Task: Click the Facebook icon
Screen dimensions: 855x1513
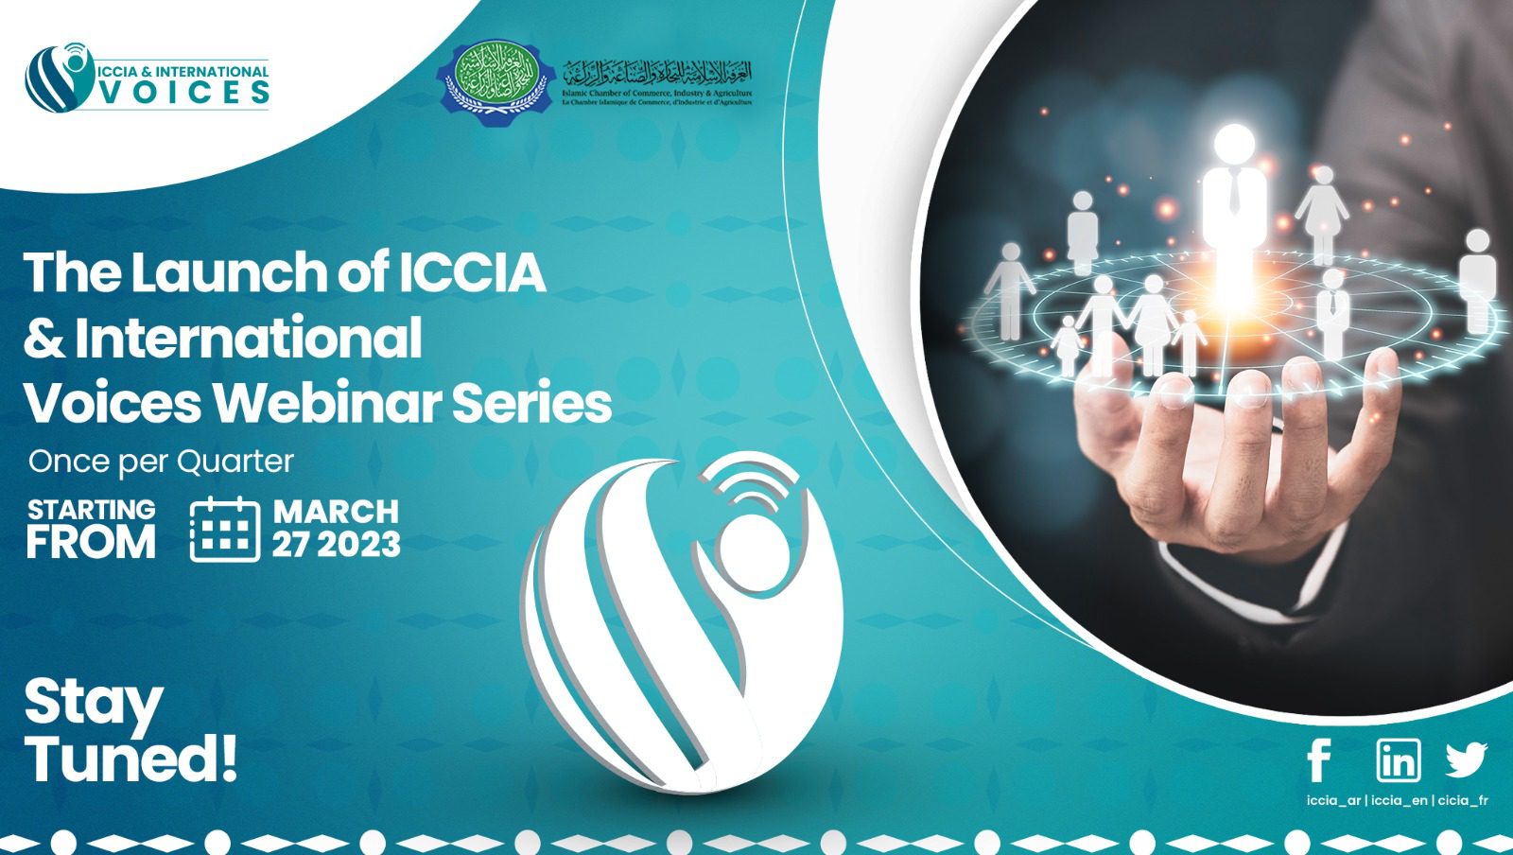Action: [x=1319, y=760]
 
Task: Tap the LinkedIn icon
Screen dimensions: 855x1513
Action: [x=1398, y=759]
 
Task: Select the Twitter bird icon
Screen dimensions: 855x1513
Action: [x=1466, y=759]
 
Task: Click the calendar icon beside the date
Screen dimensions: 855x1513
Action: [x=224, y=529]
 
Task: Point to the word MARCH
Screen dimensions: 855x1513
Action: [x=336, y=512]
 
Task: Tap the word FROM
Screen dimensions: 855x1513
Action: [x=91, y=543]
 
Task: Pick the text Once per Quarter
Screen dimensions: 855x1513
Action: [x=161, y=462]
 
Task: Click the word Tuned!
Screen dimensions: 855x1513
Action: [x=130, y=759]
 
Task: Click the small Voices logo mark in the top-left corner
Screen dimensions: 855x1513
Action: [x=60, y=78]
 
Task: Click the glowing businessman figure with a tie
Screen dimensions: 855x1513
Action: [x=1234, y=208]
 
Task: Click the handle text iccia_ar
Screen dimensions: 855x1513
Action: [x=1333, y=801]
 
